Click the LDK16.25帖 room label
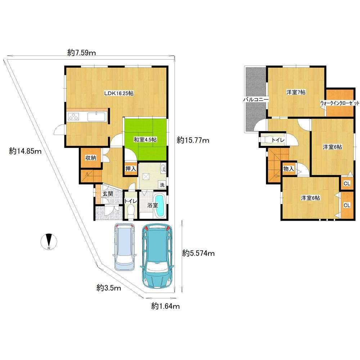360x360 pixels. pos(119,94)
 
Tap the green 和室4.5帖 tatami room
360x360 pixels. pos(145,139)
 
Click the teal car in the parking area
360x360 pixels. pos(157,255)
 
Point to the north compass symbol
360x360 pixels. pos(49,242)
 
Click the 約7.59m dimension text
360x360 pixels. pos(81,53)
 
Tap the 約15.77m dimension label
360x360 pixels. pos(193,140)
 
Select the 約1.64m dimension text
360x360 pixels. pos(165,306)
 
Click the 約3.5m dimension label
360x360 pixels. pos(109,288)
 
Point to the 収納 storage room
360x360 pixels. pos(90,158)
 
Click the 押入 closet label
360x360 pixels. pos(131,169)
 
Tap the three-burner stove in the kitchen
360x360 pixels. pos(73,116)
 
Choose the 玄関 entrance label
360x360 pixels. pos(108,194)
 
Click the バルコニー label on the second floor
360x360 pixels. pos(256,100)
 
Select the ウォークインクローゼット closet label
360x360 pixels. pos(339,103)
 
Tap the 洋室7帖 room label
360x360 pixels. pos(296,92)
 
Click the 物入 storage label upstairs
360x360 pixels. pos(289,169)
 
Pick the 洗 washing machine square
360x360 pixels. pos(162,185)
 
